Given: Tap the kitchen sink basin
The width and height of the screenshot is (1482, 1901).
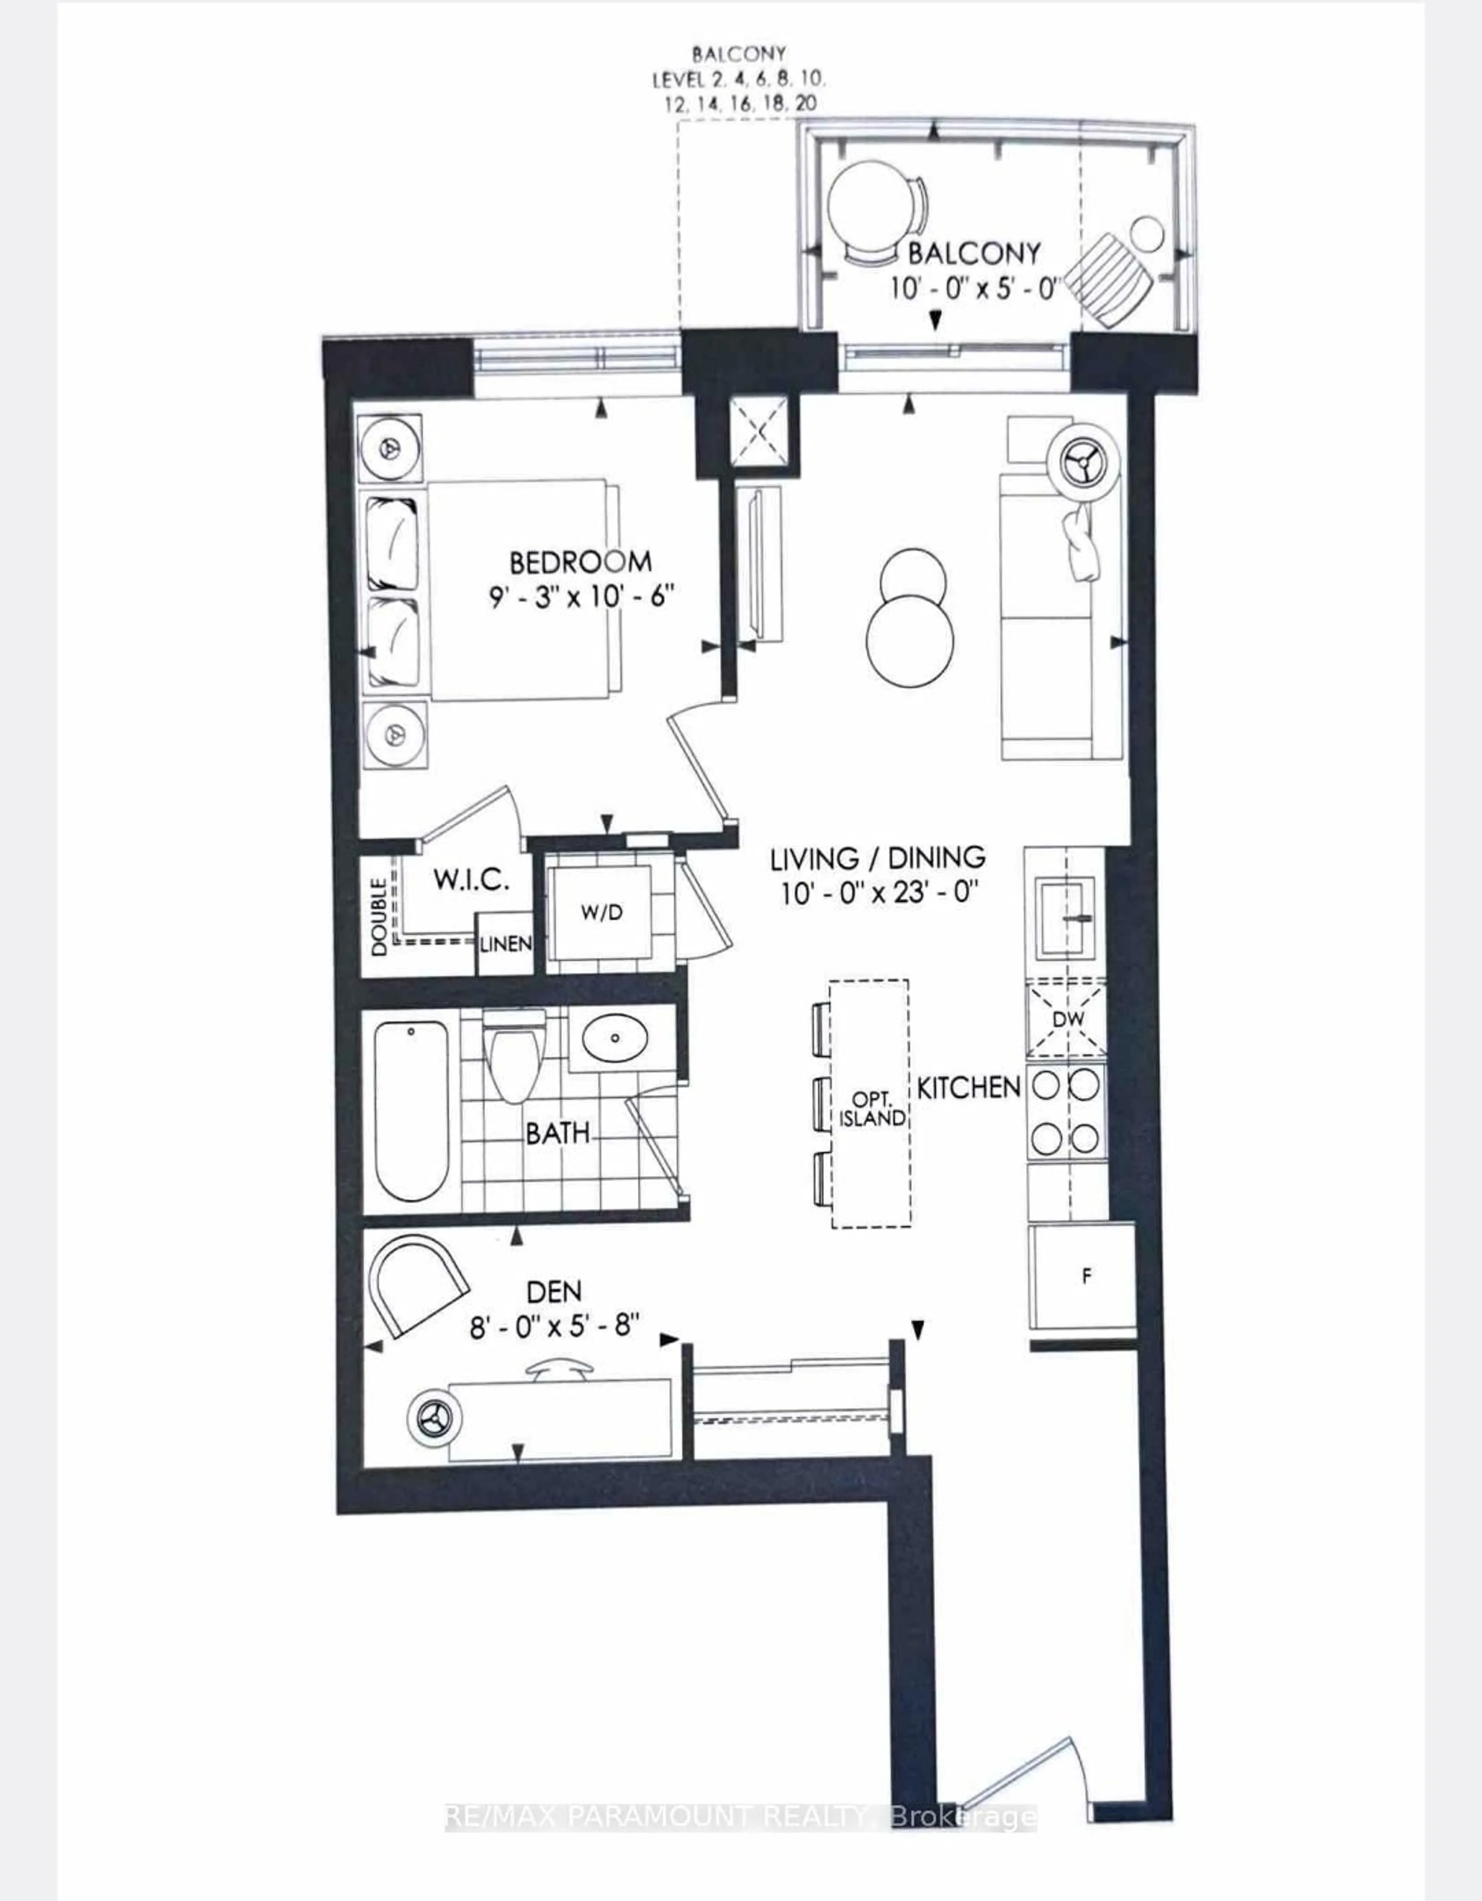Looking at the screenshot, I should click(1063, 917).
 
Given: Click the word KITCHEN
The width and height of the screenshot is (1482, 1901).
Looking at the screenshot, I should click(968, 1087).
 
